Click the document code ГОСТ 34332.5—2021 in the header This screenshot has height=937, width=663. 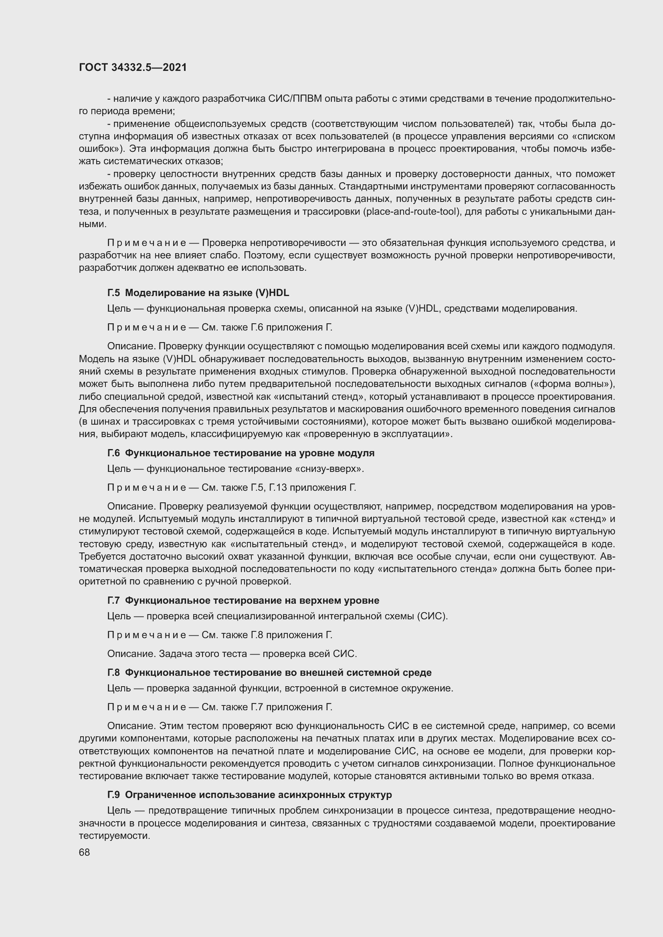(x=133, y=67)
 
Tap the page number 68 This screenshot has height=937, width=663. (x=85, y=852)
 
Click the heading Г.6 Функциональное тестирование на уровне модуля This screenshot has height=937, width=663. (x=241, y=453)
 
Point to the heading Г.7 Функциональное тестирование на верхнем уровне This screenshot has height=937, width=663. (x=243, y=600)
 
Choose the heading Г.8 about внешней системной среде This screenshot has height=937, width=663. (x=269, y=672)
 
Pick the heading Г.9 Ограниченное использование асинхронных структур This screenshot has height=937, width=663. (x=249, y=794)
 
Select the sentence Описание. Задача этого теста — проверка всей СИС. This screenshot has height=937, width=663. (x=232, y=654)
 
